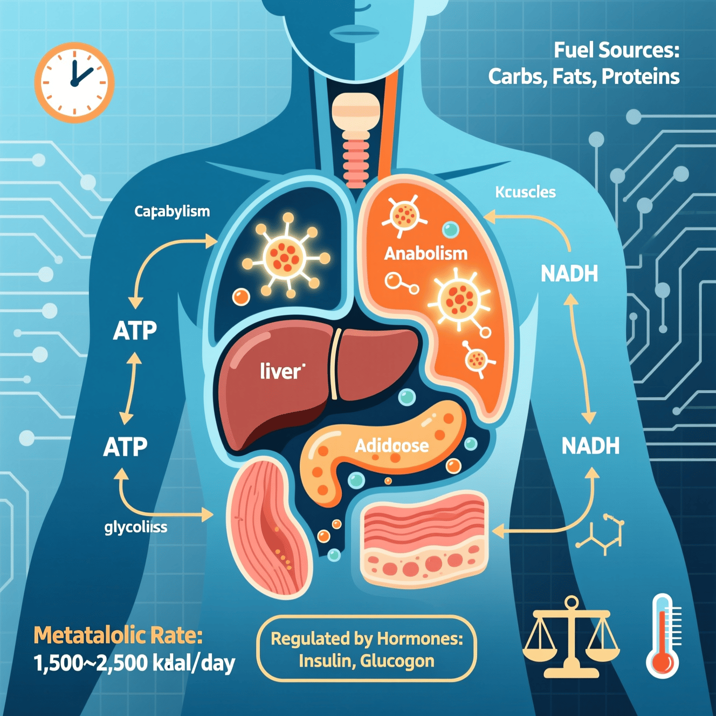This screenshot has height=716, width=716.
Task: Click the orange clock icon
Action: tap(74, 82)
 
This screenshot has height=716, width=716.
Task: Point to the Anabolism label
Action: tap(425, 253)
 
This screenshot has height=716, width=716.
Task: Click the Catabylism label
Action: tap(172, 211)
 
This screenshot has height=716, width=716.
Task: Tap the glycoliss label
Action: tap(136, 527)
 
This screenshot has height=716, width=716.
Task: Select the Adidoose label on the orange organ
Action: tap(392, 445)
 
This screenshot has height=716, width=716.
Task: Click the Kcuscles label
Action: tap(525, 192)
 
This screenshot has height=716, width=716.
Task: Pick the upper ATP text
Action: tap(135, 331)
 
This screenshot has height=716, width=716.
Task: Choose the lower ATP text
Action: tap(126, 447)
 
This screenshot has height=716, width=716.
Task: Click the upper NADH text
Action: tap(569, 274)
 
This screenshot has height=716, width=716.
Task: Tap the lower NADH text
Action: tap(590, 446)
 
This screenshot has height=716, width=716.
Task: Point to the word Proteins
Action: tap(640, 77)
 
